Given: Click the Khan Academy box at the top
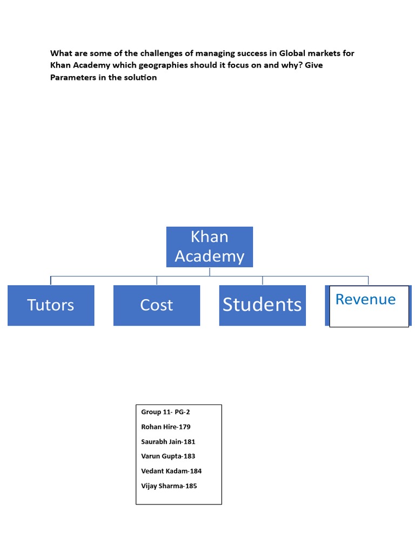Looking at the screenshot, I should click(209, 246).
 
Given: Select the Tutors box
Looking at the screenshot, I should click(51, 305).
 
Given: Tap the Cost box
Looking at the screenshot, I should click(157, 305).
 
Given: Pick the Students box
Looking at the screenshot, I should click(262, 305).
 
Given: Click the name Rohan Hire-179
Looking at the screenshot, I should click(166, 427).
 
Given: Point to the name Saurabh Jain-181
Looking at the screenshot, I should click(168, 441).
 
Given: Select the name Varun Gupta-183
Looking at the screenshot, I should click(168, 456).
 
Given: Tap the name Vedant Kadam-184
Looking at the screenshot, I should click(171, 471).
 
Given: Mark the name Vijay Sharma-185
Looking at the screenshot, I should click(169, 485).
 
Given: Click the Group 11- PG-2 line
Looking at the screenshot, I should click(165, 412).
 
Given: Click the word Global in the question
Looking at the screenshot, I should click(293, 53).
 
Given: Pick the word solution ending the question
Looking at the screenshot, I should click(142, 77).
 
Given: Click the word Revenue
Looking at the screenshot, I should click(365, 299).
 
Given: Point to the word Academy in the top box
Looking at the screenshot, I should click(209, 256).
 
